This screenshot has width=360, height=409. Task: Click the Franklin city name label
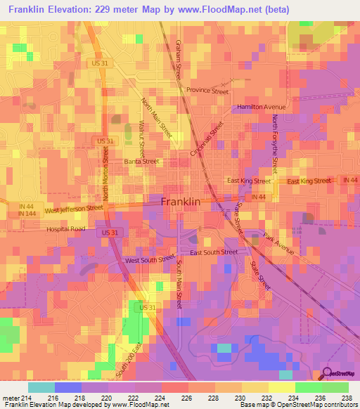coord(181,201)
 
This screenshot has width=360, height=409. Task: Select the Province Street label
coord(207,91)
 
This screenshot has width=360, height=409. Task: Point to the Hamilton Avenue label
coord(256,106)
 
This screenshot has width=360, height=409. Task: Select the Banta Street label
coord(141,161)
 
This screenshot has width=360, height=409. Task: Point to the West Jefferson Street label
coord(74,209)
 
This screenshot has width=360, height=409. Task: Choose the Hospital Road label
coord(65,229)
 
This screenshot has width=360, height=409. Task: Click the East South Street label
coord(214,252)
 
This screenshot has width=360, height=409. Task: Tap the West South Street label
coord(150,260)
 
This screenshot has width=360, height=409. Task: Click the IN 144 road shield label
coord(27,213)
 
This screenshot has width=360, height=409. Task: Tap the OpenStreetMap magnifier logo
coord(328,374)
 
